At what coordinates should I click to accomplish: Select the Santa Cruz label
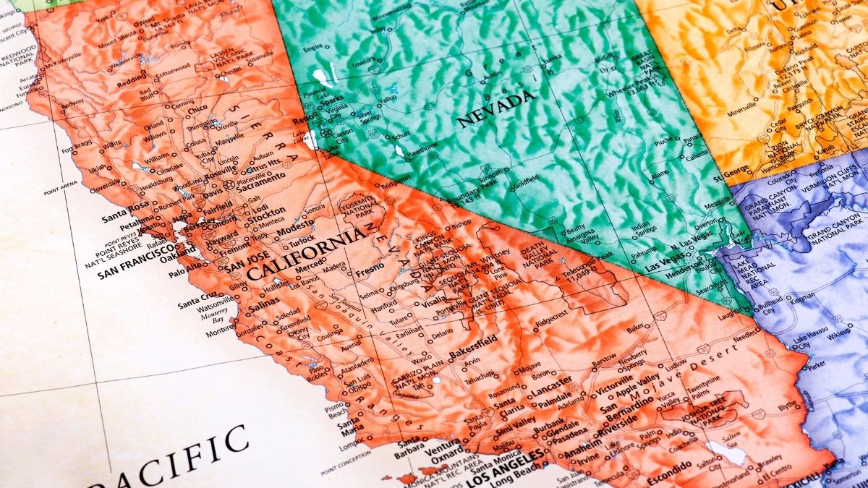(195, 296)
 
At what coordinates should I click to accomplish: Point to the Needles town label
(744, 338)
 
